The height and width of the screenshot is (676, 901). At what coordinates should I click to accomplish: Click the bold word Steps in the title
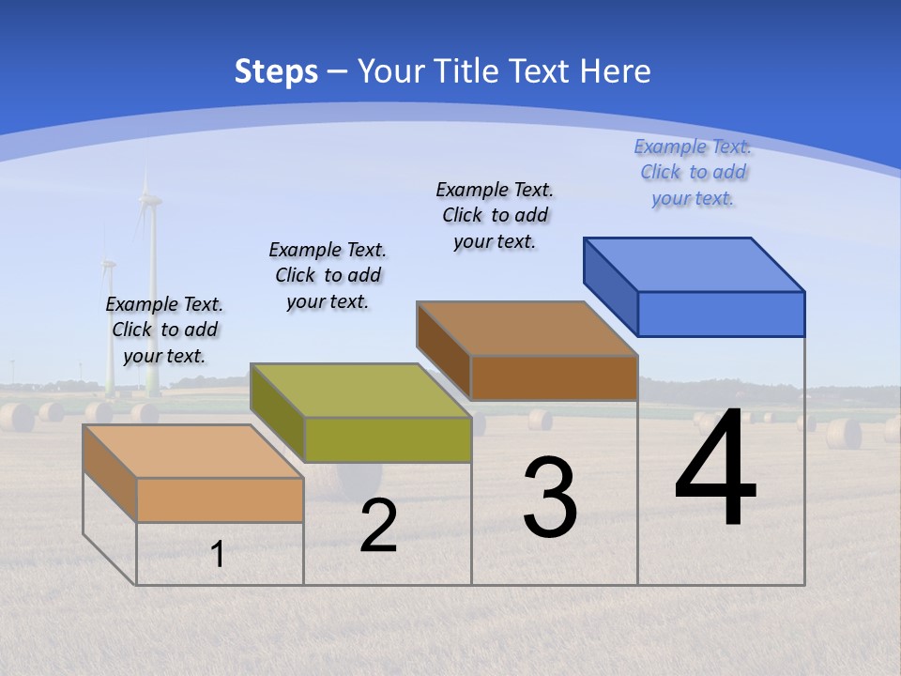click(x=276, y=70)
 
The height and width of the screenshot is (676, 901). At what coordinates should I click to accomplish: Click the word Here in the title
click(x=615, y=70)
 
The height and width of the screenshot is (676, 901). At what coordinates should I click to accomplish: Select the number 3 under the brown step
click(x=550, y=499)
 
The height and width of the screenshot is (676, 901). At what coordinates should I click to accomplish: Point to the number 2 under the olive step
click(x=379, y=526)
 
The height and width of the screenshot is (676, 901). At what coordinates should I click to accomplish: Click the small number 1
click(x=218, y=554)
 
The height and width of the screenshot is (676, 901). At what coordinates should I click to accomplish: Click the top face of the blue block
click(x=695, y=265)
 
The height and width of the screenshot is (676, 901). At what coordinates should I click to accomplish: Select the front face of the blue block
click(x=721, y=314)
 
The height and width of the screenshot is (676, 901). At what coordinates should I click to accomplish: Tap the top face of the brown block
click(x=527, y=329)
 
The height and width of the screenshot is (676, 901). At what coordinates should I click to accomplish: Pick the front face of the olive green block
click(x=388, y=439)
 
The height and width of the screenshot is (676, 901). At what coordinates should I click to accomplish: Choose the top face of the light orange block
click(x=192, y=452)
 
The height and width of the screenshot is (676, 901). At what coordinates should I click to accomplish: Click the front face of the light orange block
click(x=220, y=499)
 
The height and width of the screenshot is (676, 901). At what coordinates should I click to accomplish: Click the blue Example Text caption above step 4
click(x=693, y=172)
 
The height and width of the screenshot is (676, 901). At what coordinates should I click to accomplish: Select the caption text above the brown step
click(x=495, y=215)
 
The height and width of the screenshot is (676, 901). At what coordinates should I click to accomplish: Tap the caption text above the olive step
click(x=328, y=275)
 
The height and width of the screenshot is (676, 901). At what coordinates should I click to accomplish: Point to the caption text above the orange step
click(x=164, y=330)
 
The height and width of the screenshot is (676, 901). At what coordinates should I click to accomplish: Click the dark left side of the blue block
click(x=610, y=286)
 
